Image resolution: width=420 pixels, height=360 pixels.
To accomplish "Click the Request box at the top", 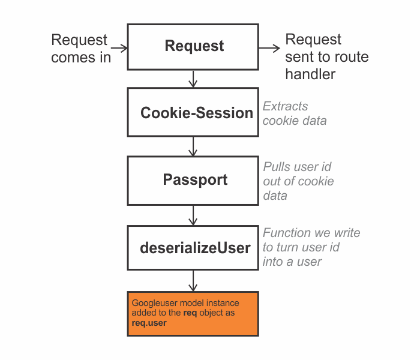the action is tap(193, 47).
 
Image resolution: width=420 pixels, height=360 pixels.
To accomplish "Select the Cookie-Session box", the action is tap(193, 112).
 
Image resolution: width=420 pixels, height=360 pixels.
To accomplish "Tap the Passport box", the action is tap(193, 181).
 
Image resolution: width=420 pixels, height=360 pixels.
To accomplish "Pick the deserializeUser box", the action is tap(193, 248).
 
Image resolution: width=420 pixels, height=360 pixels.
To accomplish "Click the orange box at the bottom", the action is tap(193, 314).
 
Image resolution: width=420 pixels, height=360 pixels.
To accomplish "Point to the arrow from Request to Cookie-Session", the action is tap(193, 79).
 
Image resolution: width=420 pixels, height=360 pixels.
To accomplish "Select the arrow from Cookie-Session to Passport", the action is tap(193, 146).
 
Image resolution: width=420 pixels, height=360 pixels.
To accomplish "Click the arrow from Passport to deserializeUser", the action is tap(193, 215).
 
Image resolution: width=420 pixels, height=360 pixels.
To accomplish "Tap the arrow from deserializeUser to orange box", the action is tap(193, 281).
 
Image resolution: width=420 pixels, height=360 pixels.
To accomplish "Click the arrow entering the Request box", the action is tap(119, 48).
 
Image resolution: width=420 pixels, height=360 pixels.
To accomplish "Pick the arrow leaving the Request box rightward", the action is tap(269, 48).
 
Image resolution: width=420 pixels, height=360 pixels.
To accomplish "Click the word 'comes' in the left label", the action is tap(73, 58).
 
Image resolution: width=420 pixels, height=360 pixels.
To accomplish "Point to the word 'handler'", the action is tap(310, 74).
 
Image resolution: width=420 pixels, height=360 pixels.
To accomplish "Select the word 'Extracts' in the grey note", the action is tap(285, 106).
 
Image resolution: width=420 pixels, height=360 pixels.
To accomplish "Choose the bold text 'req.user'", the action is tap(149, 323).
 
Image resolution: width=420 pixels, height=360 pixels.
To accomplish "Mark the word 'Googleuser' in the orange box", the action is tap(155, 303).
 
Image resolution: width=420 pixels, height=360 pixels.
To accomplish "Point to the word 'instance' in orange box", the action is tap(223, 303).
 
